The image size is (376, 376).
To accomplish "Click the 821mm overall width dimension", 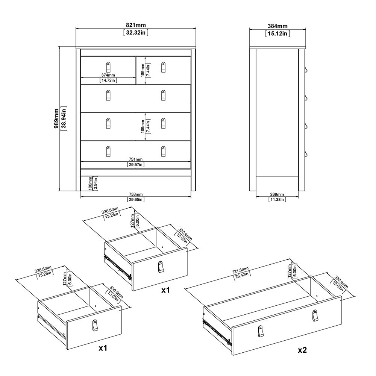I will click(x=136, y=26).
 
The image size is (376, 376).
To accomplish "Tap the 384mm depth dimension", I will click(x=278, y=26).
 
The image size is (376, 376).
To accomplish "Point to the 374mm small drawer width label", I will click(x=108, y=75).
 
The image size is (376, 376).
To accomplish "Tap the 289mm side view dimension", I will click(x=277, y=194).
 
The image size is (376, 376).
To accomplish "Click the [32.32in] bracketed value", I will click(x=136, y=33).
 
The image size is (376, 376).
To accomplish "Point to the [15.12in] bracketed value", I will click(x=278, y=33).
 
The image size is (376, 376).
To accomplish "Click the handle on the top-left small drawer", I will click(x=108, y=66).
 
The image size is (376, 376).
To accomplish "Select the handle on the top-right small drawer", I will click(x=163, y=67).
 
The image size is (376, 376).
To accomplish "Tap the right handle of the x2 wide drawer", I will click(x=314, y=316).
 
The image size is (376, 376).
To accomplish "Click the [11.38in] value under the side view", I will click(x=277, y=200).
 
